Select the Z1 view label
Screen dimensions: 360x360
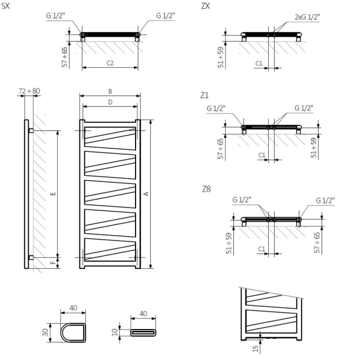point(205,94)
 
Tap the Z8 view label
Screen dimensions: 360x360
point(205,188)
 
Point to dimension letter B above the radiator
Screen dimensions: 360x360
point(110,91)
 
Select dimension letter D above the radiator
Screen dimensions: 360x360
point(110,102)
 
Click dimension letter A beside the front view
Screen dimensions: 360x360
point(146,193)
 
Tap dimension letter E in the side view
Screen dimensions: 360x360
point(53,193)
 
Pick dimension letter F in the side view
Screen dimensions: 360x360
point(53,263)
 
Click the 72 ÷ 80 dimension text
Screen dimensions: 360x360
point(30,91)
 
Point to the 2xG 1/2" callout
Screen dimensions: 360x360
point(304,18)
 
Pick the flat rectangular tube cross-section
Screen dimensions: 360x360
point(144,332)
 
